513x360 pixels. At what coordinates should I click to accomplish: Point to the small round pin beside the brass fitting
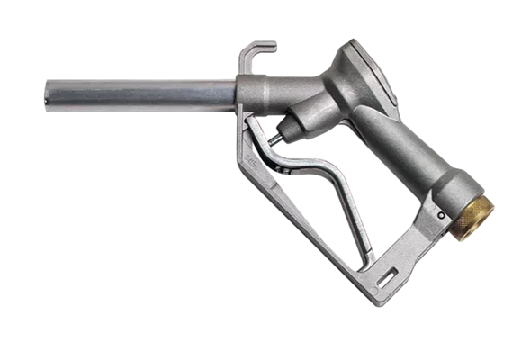[442, 217]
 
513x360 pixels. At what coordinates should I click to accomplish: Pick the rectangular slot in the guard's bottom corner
[391, 272]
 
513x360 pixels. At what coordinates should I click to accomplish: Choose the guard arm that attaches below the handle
[422, 238]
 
